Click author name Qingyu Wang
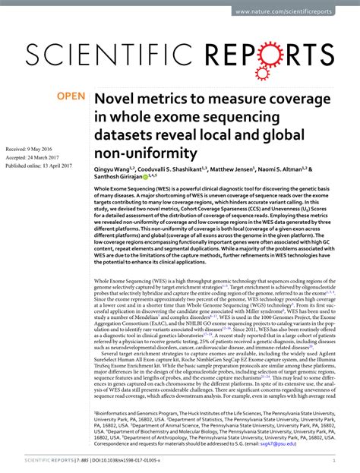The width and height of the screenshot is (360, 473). [x=115, y=171]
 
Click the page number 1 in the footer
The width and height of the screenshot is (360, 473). [x=334, y=459]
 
